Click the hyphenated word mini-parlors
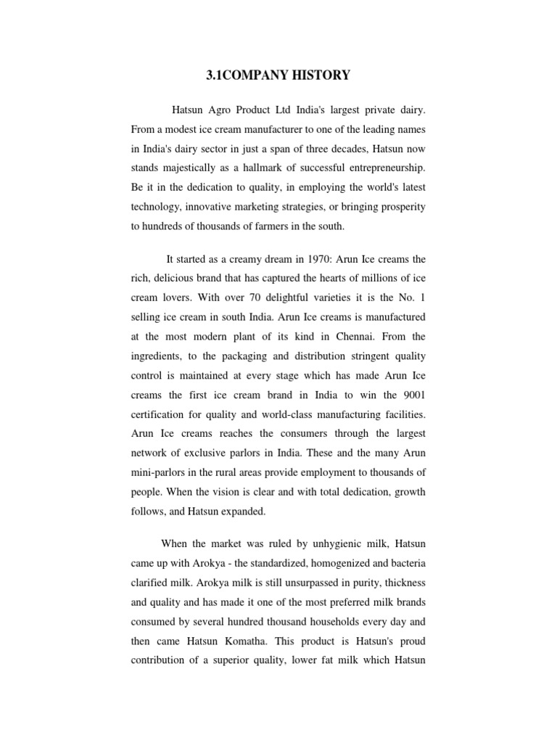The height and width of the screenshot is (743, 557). tap(160, 472)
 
